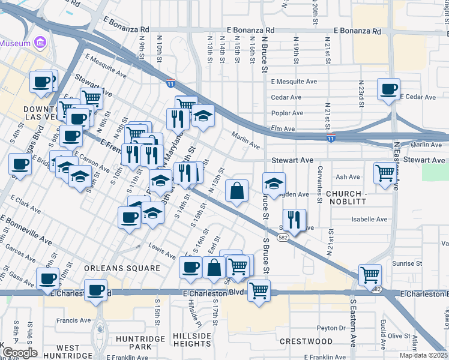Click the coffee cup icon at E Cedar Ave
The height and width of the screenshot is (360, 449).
click(x=388, y=89)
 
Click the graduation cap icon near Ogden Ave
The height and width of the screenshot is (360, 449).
click(x=274, y=184)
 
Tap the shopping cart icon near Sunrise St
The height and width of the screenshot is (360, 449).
click(x=370, y=275)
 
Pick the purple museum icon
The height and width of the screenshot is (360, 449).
click(x=40, y=43)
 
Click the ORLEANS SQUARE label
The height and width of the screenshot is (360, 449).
click(x=122, y=268)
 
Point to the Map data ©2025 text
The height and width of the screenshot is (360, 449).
click(x=423, y=355)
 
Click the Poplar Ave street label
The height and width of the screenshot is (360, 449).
click(x=287, y=113)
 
